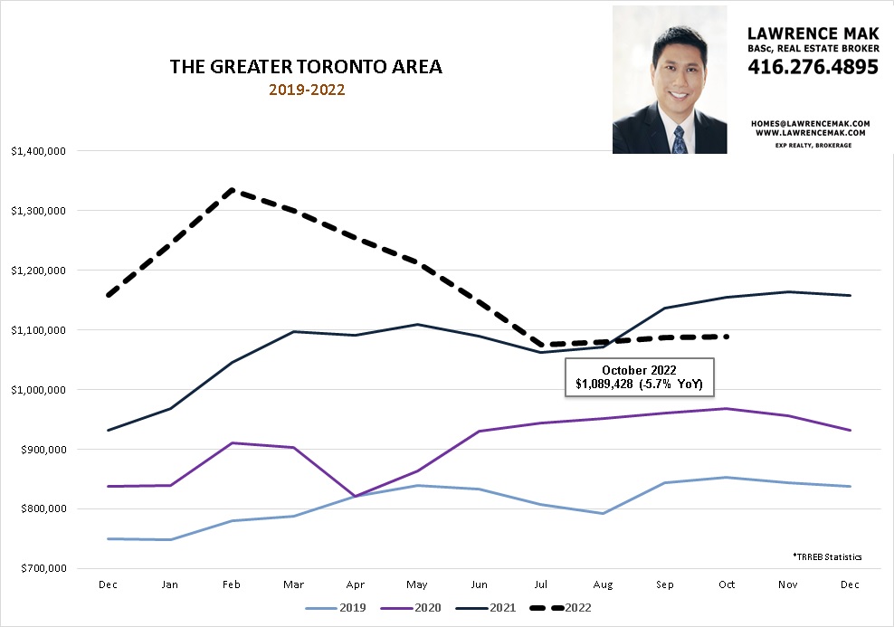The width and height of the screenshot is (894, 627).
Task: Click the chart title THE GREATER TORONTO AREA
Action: click(x=306, y=68)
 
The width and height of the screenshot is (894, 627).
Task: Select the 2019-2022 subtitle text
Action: click(x=307, y=90)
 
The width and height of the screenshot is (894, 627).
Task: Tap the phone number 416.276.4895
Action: click(x=813, y=67)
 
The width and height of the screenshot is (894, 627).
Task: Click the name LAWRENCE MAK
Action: click(x=813, y=33)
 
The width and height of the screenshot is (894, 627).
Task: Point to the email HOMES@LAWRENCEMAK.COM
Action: click(x=810, y=122)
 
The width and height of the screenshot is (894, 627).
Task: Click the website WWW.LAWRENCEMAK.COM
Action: click(x=810, y=132)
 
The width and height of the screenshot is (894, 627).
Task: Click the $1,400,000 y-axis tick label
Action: click(x=38, y=151)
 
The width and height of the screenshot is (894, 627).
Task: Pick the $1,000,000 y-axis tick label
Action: click(x=38, y=390)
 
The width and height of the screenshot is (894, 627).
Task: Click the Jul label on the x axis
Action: click(x=540, y=585)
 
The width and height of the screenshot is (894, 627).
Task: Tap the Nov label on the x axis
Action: click(x=786, y=585)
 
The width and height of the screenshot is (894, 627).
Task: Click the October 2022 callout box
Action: click(x=639, y=377)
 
